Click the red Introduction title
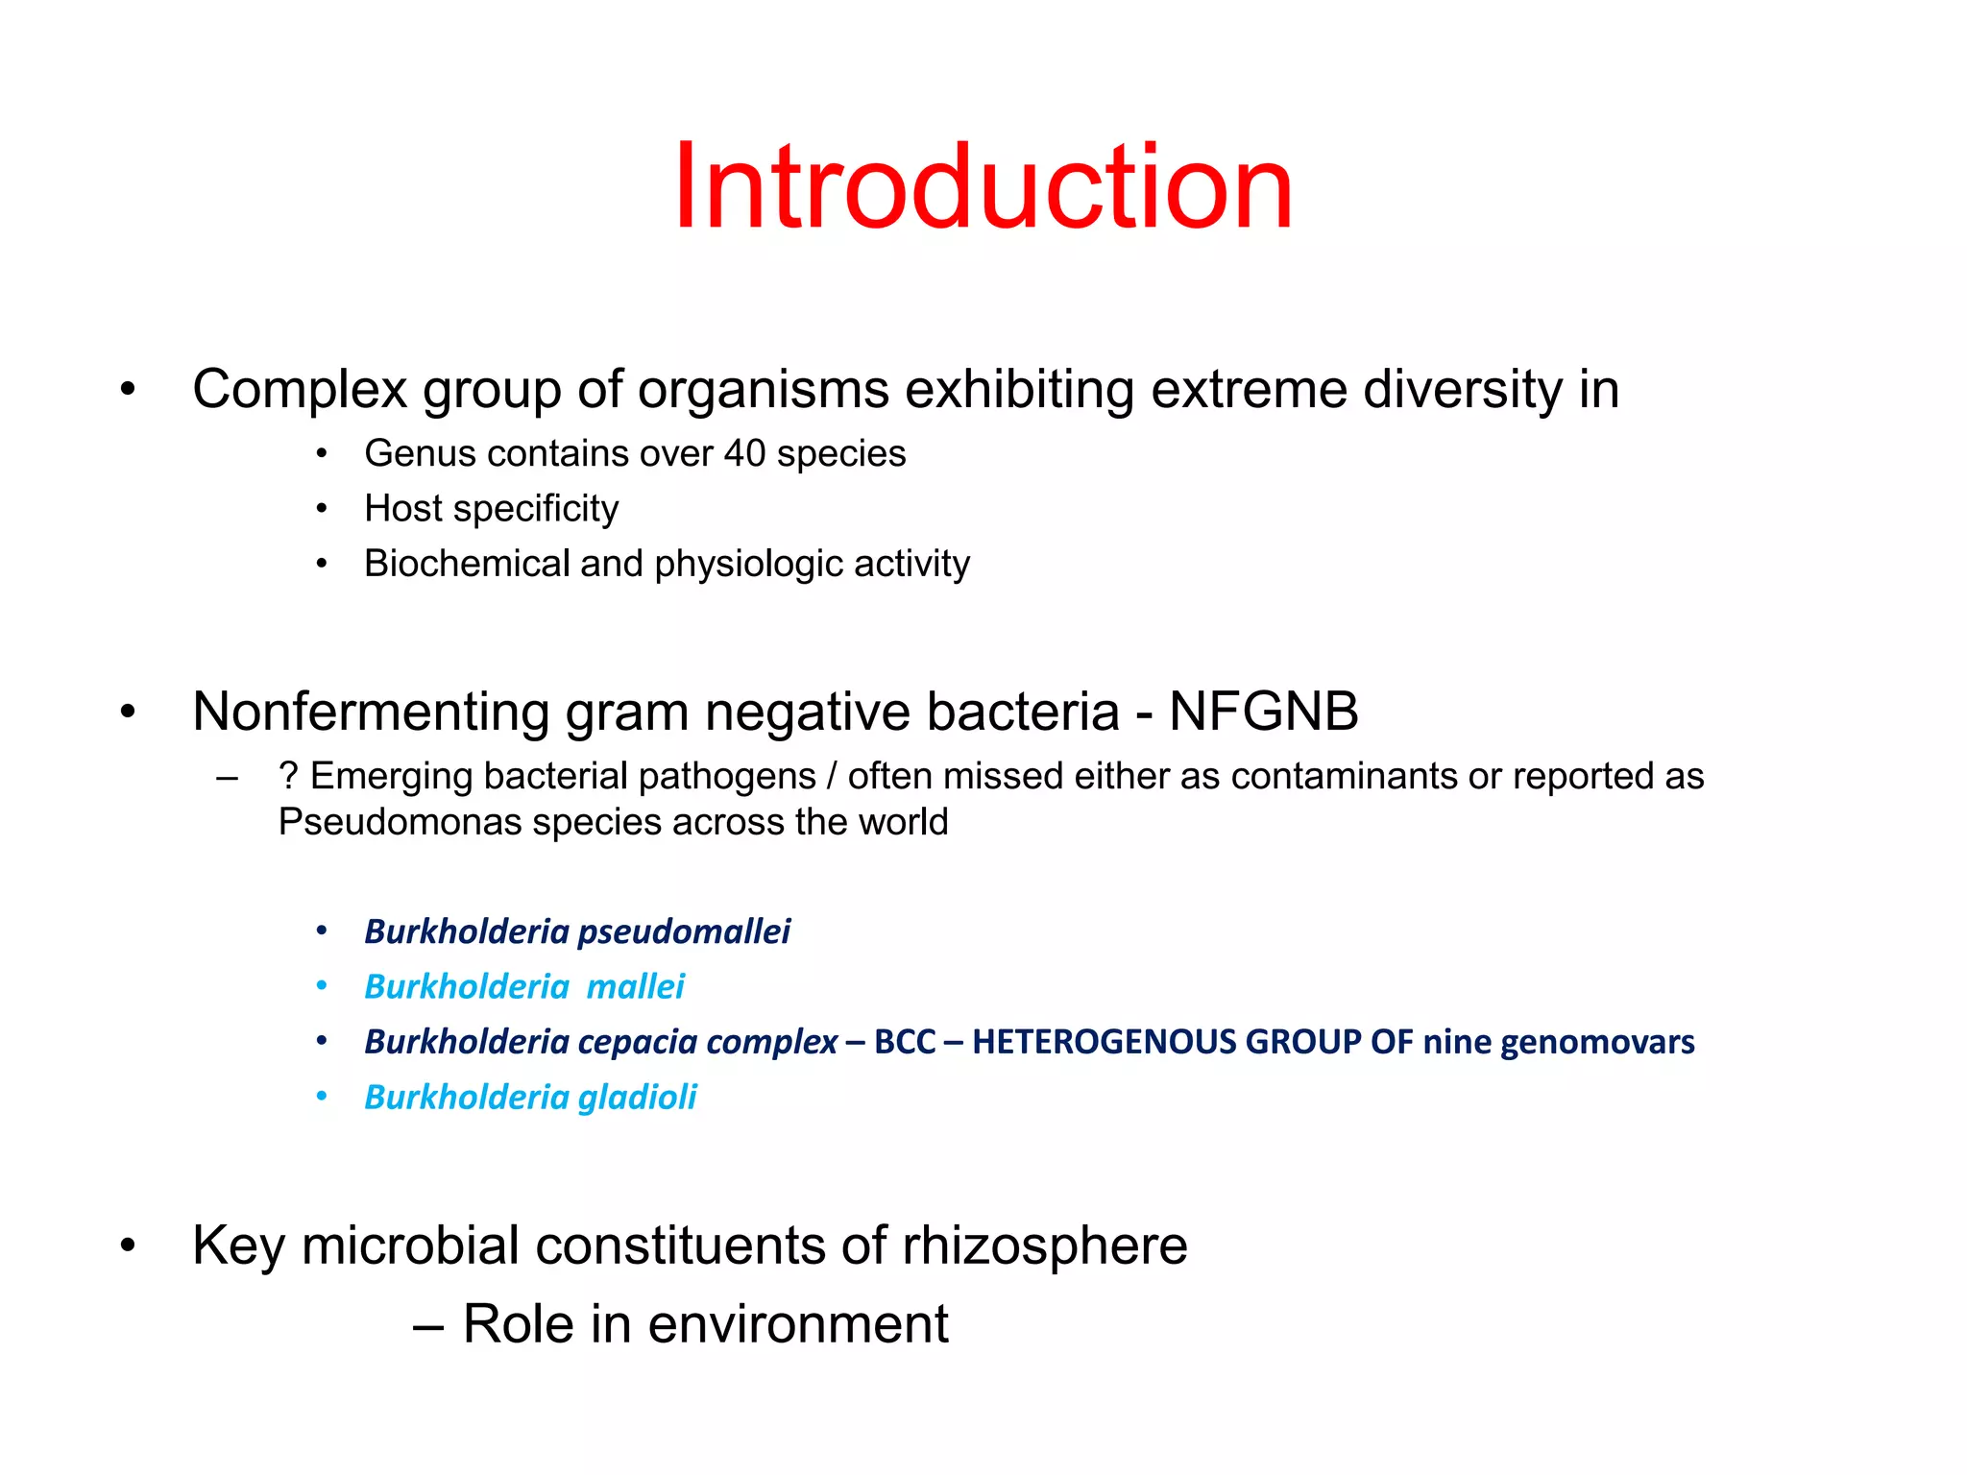coord(983,186)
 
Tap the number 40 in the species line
coord(744,453)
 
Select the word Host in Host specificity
coord(403,508)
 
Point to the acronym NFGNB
coord(1263,712)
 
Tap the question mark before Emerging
coord(288,776)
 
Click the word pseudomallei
coord(684,931)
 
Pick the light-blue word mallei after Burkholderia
coord(635,986)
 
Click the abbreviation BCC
coord(904,1042)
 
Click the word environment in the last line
coord(797,1324)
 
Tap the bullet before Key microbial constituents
coord(128,1246)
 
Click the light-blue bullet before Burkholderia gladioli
coord(322,1096)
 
